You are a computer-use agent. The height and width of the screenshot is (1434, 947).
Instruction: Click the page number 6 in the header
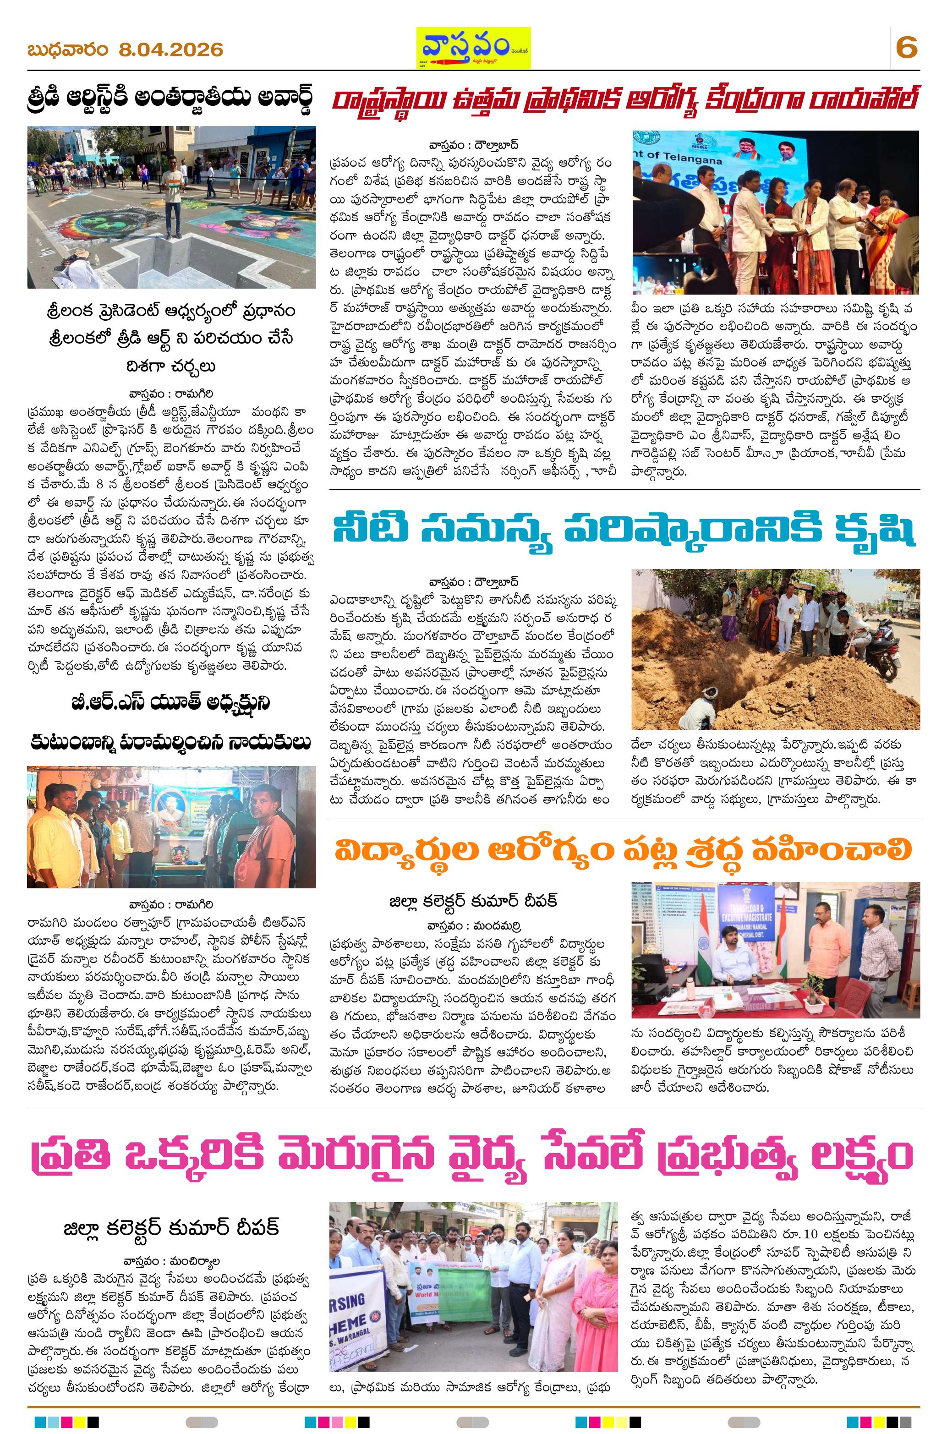click(x=906, y=48)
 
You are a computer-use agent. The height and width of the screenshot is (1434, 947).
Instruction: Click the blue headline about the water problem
click(x=624, y=530)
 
